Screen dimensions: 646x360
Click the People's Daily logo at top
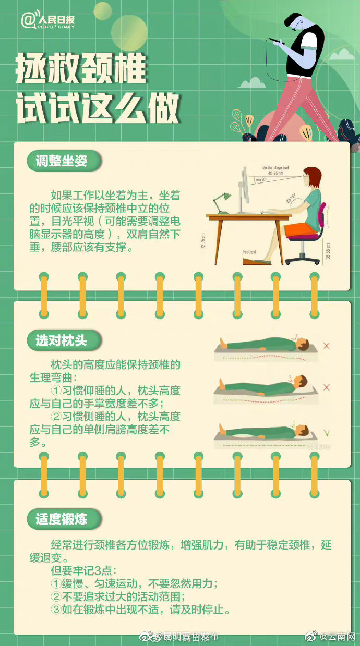pyautogui.click(x=48, y=21)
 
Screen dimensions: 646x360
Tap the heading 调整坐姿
pyautogui.click(x=61, y=161)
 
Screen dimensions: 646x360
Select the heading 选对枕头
pyautogui.click(x=61, y=341)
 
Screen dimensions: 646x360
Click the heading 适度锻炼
pyautogui.click(x=61, y=519)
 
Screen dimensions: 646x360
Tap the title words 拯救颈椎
pyautogui.click(x=81, y=69)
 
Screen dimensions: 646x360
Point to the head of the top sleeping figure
pyautogui.click(x=303, y=344)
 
